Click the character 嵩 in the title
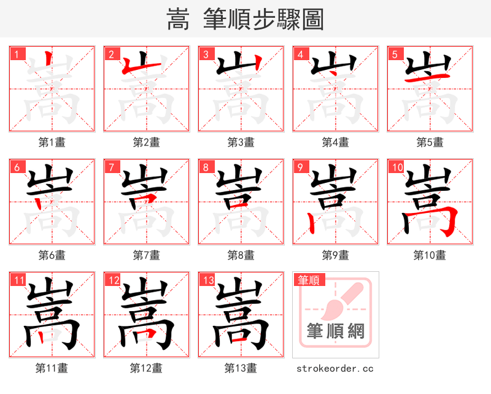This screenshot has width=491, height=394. coord(178,19)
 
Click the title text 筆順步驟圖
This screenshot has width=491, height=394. coord(264,19)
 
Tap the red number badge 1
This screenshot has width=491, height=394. coord(17,54)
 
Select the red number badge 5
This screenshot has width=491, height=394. coord(395,54)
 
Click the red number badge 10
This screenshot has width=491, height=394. coord(396,167)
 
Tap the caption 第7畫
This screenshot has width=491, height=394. coord(147,255)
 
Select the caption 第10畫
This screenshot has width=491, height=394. coord(430,255)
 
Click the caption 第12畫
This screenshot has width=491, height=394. coord(147,368)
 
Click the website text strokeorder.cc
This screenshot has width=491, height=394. coord(335,368)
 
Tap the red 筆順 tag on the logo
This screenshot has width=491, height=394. coord(308,280)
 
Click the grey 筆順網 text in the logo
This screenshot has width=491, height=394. coord(336,332)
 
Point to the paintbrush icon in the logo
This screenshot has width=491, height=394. coord(344,301)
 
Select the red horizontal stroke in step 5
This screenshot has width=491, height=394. coord(430,77)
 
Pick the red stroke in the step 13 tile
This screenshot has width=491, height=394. coord(239,338)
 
